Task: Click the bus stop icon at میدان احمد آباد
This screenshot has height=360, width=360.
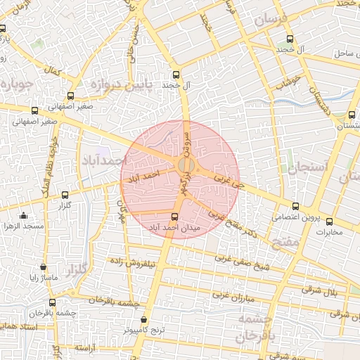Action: point(175,216)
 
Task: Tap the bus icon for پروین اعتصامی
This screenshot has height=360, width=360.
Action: point(295,207)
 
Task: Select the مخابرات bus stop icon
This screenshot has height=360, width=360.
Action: point(330,221)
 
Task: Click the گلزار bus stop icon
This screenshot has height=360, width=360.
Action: point(65,195)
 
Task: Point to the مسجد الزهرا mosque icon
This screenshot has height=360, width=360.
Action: point(24,216)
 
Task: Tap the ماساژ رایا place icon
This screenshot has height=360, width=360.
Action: point(44,267)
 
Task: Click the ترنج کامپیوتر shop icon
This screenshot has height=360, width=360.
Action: point(144,319)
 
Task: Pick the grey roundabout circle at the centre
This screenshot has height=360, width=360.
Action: point(186,165)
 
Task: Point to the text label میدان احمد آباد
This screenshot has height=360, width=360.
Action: point(176,228)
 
